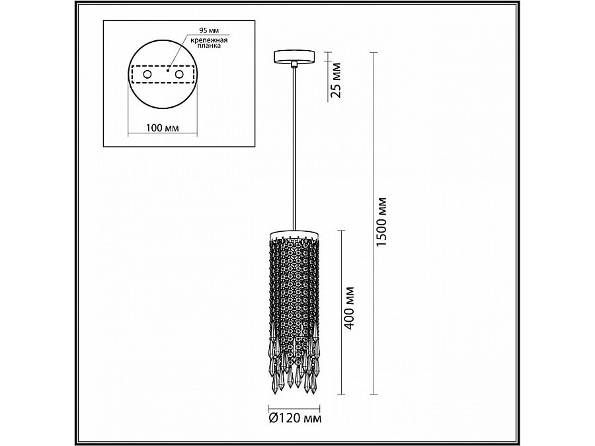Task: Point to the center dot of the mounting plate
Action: (x=168, y=69)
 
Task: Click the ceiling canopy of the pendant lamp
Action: (x=293, y=56)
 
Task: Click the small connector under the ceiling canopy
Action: (x=293, y=63)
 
